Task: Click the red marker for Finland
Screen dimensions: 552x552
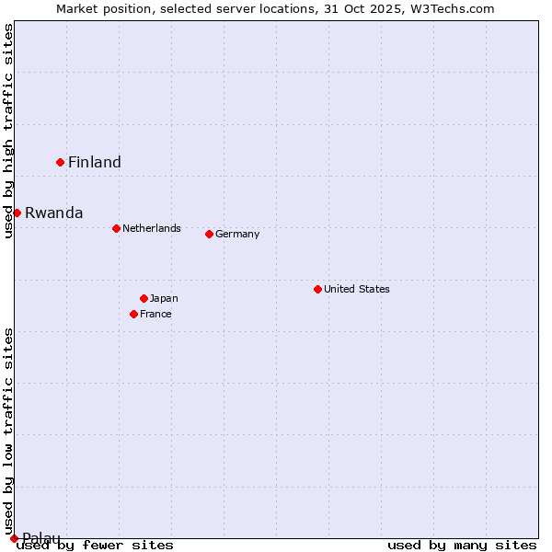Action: pos(60,162)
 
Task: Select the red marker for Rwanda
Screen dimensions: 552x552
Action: pos(17,213)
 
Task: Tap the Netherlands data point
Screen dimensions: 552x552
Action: pos(116,228)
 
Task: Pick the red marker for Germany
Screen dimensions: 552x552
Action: pos(209,234)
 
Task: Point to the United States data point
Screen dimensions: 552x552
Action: pos(317,289)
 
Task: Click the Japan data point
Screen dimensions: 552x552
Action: pos(144,298)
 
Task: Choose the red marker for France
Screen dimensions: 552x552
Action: pos(133,314)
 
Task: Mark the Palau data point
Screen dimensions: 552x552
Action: pos(14,538)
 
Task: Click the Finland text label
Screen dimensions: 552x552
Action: pos(95,163)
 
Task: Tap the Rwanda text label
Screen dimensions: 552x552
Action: pos(53,213)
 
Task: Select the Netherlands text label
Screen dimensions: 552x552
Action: pos(152,228)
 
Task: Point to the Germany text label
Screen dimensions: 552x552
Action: pos(237,234)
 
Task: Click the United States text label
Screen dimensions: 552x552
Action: pos(357,289)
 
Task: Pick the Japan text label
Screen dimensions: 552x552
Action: pos(164,298)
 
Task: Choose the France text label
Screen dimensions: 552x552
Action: pos(155,314)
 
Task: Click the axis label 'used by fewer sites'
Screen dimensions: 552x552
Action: pos(95,546)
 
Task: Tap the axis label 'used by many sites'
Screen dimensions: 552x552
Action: pos(462,546)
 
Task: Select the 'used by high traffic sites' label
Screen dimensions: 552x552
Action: pos(9,131)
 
